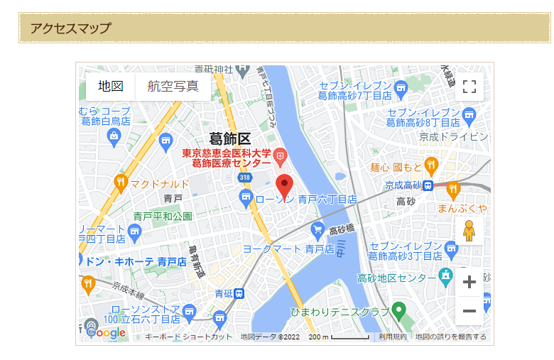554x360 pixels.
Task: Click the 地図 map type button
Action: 111,87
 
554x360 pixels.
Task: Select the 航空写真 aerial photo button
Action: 173,87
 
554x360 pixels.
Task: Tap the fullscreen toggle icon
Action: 469,87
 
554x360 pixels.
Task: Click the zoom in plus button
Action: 469,282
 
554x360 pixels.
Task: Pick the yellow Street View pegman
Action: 469,231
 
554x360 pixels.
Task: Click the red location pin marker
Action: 285,187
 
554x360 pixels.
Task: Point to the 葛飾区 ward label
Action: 230,138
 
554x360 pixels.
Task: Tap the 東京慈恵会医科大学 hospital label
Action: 227,153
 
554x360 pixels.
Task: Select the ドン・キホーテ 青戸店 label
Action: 136,261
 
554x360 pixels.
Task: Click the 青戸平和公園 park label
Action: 163,216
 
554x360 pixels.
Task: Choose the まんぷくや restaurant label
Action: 462,208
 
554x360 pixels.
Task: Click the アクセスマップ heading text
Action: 70,28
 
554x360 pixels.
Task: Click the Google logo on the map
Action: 106,333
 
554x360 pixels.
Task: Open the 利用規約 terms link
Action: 392,337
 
